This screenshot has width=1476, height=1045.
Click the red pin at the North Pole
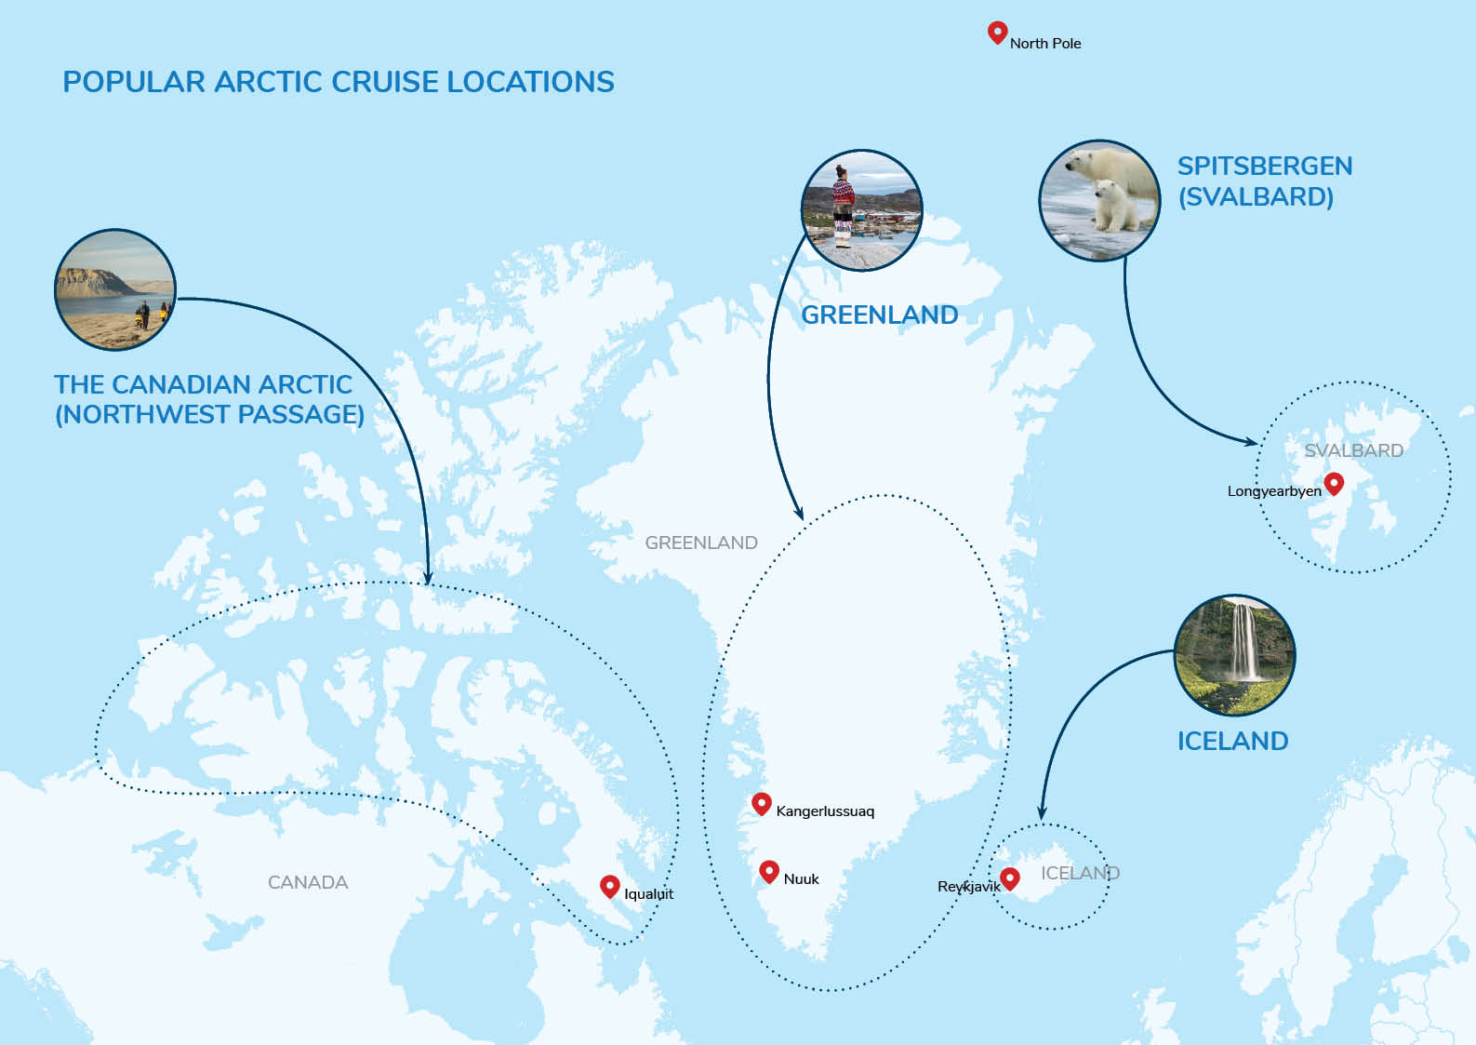click(x=997, y=32)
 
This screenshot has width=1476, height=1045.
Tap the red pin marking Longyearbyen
click(x=1334, y=482)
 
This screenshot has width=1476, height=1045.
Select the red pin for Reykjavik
click(x=1009, y=877)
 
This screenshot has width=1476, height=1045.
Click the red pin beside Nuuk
click(x=768, y=870)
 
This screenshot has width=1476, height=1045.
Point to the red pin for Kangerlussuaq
click(x=762, y=802)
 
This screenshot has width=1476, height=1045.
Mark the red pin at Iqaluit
click(x=609, y=885)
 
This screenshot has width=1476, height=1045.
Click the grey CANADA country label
click(x=308, y=882)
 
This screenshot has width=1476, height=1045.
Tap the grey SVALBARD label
click(x=1353, y=450)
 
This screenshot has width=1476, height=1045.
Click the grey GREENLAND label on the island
click(x=701, y=543)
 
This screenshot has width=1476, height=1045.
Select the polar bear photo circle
click(x=1099, y=200)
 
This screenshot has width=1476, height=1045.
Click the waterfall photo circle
click(x=1234, y=655)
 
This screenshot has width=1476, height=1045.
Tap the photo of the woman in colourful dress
click(x=861, y=210)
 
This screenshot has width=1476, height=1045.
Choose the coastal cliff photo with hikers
click(x=115, y=289)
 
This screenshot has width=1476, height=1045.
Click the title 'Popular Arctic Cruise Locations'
click(x=339, y=82)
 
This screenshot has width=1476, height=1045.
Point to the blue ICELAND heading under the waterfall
click(x=1232, y=741)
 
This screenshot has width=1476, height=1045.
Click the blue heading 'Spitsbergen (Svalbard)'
click(x=1264, y=181)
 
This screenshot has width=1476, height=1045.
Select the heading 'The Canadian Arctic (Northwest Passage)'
click(x=208, y=399)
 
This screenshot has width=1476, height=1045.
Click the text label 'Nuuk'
click(x=801, y=878)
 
